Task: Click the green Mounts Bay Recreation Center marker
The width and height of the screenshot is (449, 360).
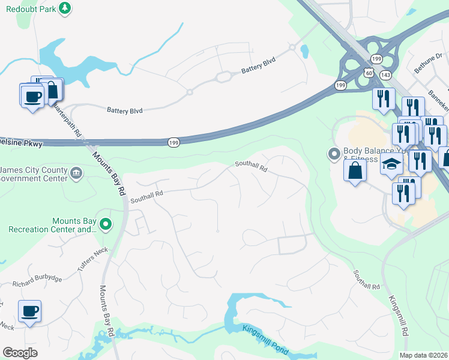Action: [x=106, y=225]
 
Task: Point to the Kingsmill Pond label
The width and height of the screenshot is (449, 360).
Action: [x=266, y=340]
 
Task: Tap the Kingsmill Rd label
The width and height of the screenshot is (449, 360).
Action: [x=398, y=314]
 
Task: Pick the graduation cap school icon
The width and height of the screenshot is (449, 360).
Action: [x=391, y=164]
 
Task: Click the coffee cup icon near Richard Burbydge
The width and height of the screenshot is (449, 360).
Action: [x=29, y=311]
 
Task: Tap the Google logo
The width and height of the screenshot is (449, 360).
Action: [x=20, y=352]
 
